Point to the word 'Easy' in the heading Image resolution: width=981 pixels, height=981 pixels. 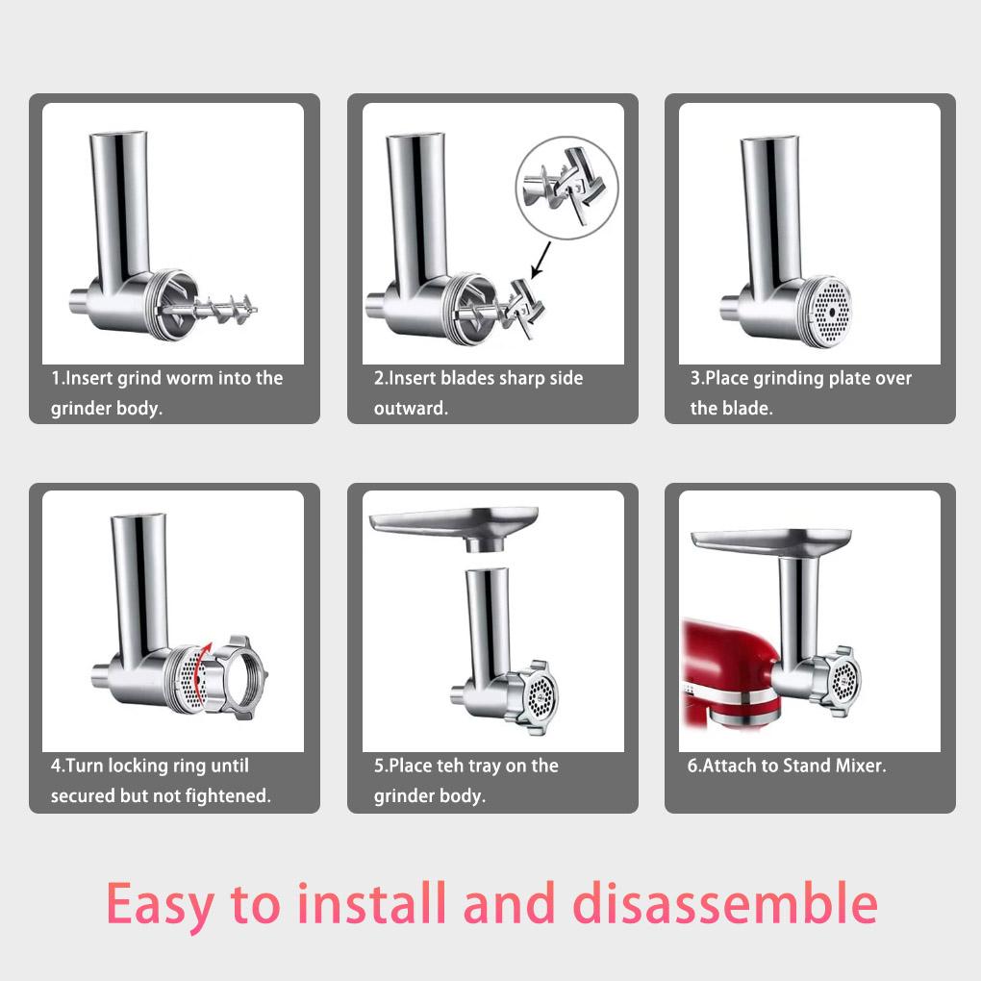tap(161, 906)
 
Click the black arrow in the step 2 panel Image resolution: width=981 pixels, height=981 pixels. tap(541, 261)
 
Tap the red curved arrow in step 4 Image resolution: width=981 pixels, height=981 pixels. tap(201, 668)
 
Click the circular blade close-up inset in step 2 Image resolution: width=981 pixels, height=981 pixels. tap(566, 188)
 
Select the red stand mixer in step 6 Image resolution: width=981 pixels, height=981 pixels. tap(731, 672)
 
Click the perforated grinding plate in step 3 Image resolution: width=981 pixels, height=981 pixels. tap(832, 311)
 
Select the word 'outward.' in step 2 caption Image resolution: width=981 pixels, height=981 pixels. tap(411, 408)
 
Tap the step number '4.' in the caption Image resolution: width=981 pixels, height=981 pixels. tap(58, 766)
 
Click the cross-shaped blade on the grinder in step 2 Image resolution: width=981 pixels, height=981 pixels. tap(524, 307)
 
